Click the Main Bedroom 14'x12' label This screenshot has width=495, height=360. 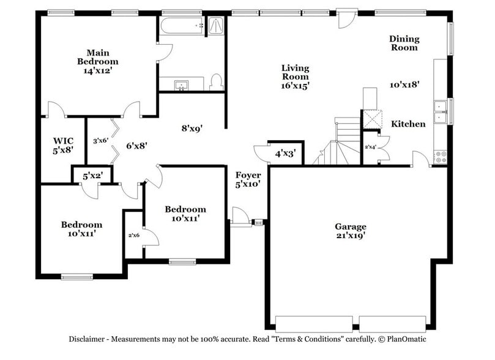(x=98, y=61)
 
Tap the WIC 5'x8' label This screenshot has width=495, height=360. (x=63, y=144)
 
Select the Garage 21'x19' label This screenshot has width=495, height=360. (x=350, y=231)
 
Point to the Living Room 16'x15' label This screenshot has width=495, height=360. (x=295, y=77)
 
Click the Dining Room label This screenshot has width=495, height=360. (x=404, y=43)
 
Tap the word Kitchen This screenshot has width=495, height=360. (x=408, y=124)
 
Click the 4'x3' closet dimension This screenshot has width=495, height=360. (x=285, y=153)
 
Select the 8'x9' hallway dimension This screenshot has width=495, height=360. (x=192, y=129)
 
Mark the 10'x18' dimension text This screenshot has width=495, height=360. (x=404, y=84)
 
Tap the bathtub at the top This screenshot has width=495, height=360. (x=181, y=26)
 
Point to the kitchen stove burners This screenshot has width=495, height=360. (x=440, y=156)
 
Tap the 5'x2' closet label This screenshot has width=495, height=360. (x=92, y=175)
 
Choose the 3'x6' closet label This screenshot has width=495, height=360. (x=100, y=140)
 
